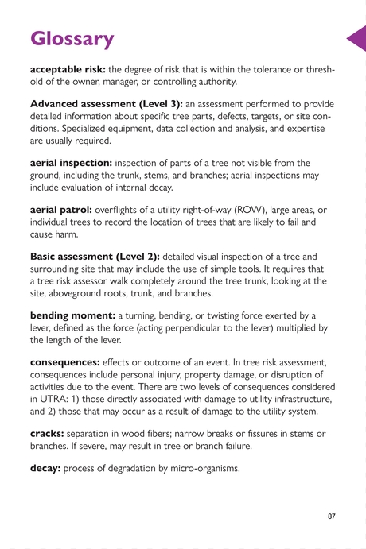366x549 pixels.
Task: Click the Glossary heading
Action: (72, 38)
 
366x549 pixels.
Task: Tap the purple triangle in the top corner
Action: (357, 38)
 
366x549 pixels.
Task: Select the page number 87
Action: (331, 516)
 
